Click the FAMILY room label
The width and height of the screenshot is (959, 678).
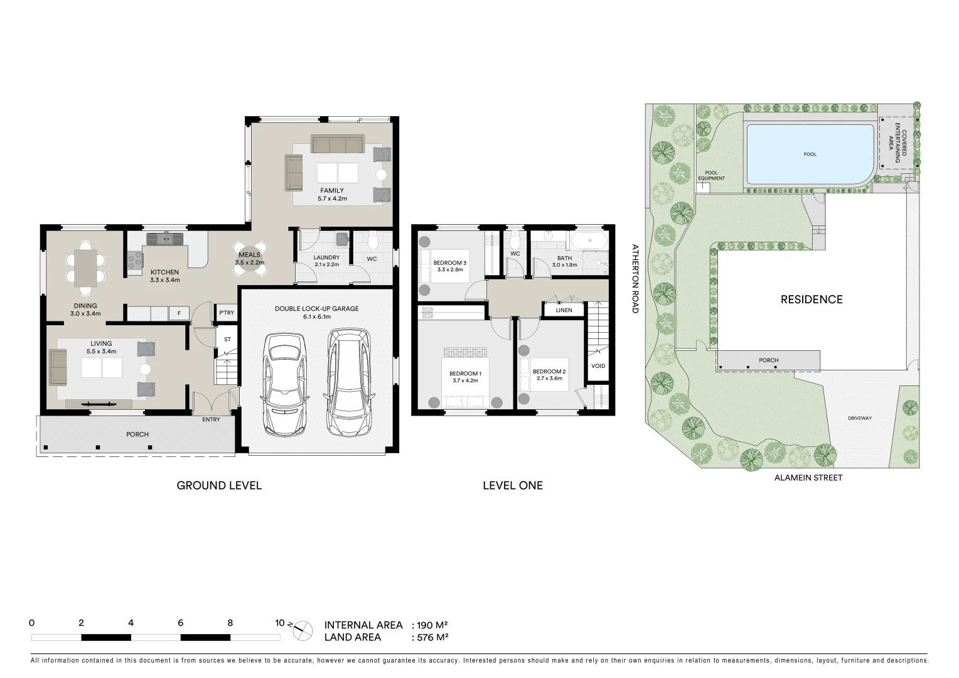(x=332, y=190)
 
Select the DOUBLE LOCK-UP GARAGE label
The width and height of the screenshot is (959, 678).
(x=317, y=309)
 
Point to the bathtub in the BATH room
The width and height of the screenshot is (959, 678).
(x=588, y=241)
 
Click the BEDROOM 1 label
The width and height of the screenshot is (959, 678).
(x=465, y=374)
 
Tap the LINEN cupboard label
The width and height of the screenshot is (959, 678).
(x=564, y=310)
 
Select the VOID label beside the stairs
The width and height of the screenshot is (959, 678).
(x=598, y=366)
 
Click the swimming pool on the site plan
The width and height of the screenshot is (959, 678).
(x=810, y=154)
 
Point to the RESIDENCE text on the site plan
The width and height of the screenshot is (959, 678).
(x=811, y=299)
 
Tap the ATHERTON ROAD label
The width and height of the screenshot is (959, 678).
(x=635, y=279)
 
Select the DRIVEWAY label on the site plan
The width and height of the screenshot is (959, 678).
(x=859, y=418)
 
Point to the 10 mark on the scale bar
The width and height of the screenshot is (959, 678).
(x=280, y=623)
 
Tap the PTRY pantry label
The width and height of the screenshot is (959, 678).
(x=227, y=313)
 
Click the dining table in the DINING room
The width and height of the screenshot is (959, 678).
(x=85, y=268)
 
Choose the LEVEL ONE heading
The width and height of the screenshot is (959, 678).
(x=512, y=485)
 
